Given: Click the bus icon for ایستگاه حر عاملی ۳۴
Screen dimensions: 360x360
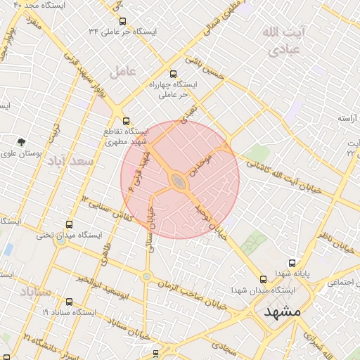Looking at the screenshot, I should tap(124, 22).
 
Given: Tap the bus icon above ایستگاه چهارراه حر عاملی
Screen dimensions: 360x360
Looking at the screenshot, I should tap(173, 73).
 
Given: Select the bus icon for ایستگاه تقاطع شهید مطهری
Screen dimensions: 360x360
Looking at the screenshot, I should tap(126, 121).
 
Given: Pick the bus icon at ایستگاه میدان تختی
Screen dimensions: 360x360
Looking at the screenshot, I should tap(68, 224).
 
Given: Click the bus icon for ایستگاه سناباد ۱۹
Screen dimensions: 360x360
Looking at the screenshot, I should tap(68, 302).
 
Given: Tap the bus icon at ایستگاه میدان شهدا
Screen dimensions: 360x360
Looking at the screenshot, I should tap(263, 279).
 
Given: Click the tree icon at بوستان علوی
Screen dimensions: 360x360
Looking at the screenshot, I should tap(21, 142).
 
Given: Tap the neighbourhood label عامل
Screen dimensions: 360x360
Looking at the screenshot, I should tap(121, 71).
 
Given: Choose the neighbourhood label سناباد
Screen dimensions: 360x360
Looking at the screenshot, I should tap(36, 290).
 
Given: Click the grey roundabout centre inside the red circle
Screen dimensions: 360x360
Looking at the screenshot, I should tap(179, 182).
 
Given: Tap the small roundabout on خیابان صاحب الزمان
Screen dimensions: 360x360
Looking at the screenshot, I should tap(146, 276).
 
